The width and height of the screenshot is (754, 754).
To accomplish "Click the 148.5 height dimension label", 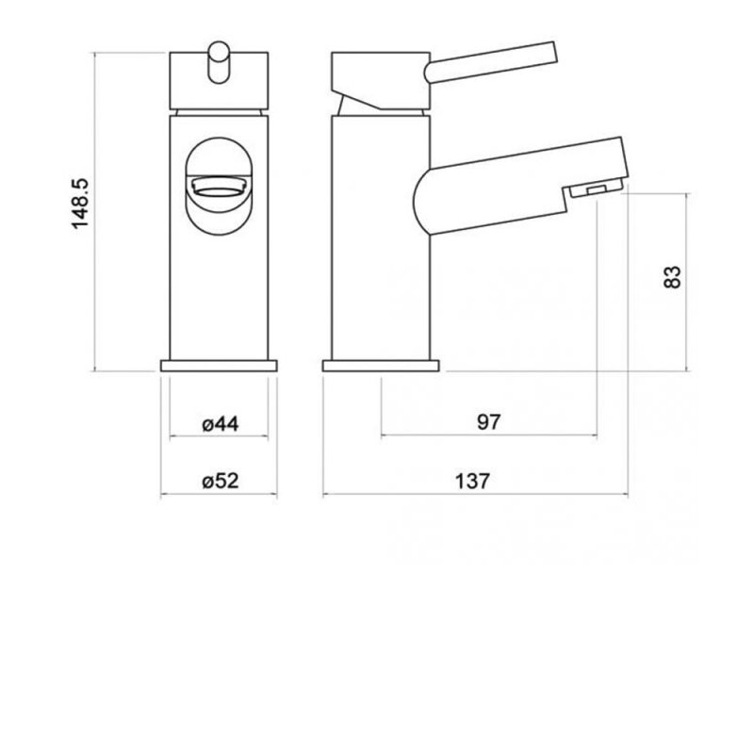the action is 80,204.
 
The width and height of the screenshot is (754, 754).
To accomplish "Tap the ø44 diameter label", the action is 221,424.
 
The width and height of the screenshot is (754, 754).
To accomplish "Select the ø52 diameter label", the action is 221,481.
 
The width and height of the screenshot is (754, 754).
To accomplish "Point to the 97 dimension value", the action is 489,422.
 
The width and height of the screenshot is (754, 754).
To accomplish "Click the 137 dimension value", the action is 472,481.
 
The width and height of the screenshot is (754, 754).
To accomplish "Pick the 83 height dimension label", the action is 672,277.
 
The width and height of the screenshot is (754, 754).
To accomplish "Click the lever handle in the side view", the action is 490,62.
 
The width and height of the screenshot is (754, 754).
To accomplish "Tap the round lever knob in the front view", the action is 219,62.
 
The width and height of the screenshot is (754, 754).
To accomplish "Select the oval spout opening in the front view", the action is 219,187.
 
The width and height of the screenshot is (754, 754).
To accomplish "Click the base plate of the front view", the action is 219,366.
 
